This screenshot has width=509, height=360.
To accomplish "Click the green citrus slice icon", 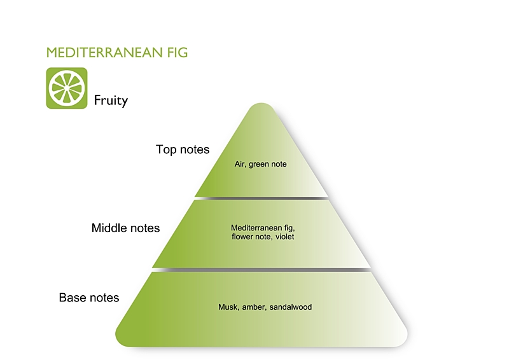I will [x=66, y=88].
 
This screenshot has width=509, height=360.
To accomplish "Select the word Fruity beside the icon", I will [x=111, y=100].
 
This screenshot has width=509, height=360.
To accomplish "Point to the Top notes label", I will [x=183, y=149].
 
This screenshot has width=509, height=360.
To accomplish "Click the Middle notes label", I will [x=125, y=228].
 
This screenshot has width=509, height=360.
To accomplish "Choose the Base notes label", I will [x=89, y=297].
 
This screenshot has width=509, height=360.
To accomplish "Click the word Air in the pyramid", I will [x=240, y=164].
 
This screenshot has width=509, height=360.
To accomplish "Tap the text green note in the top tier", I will [x=268, y=164].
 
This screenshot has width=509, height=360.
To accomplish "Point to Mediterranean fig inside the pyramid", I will [x=262, y=227].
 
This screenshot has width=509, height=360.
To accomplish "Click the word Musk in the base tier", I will [x=227, y=307].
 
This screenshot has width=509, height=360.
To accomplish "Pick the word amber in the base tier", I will [x=253, y=307].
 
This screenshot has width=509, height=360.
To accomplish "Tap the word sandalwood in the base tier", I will [x=290, y=307].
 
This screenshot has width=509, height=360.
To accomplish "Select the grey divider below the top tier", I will [x=261, y=198].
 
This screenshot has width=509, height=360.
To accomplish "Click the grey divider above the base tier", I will [x=261, y=270].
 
